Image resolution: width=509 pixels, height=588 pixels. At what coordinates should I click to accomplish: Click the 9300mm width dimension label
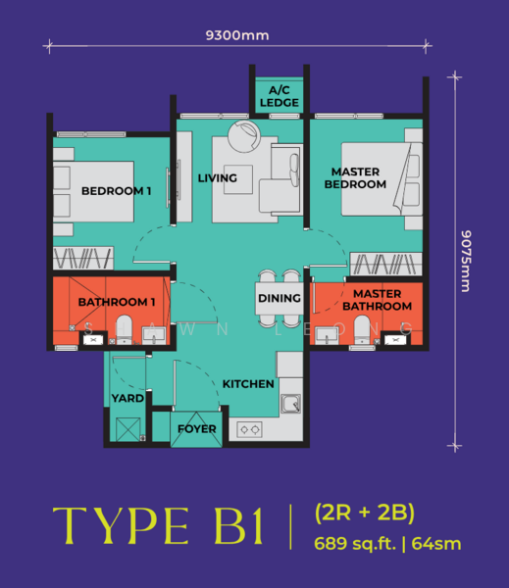click(237, 35)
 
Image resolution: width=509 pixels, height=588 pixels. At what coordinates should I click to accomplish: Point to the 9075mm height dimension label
click(466, 261)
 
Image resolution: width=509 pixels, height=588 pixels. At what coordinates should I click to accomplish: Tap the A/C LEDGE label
click(280, 96)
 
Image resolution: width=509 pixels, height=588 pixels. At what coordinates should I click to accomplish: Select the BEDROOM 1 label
click(117, 191)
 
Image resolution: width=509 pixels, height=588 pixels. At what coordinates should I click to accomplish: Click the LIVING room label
click(218, 177)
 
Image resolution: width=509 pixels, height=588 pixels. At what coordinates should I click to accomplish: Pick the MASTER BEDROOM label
click(355, 177)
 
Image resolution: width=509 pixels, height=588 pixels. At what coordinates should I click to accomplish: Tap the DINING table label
click(280, 298)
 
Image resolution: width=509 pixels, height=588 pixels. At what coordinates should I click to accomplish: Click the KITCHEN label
click(248, 384)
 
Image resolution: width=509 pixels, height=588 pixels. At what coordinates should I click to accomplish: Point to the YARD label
click(127, 398)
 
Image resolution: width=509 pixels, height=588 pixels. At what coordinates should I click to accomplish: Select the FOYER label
click(197, 428)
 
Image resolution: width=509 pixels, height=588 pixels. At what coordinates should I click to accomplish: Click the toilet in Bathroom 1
click(124, 329)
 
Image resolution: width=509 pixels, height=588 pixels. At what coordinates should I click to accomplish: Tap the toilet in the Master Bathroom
click(362, 329)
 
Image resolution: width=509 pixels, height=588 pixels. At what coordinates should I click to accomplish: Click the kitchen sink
click(291, 404)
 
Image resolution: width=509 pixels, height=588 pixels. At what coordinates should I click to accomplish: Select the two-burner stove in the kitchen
click(250, 429)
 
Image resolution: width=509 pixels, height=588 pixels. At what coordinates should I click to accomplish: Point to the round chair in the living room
click(244, 135)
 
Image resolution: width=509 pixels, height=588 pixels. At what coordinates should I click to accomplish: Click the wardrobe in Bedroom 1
click(83, 258)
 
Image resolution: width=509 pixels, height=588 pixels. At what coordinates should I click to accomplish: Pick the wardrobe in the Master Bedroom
click(385, 264)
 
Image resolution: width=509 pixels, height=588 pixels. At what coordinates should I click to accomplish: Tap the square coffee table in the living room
click(238, 179)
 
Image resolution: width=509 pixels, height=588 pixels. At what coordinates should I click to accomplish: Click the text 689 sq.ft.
click(355, 543)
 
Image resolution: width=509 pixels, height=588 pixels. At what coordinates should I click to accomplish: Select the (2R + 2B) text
click(365, 513)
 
